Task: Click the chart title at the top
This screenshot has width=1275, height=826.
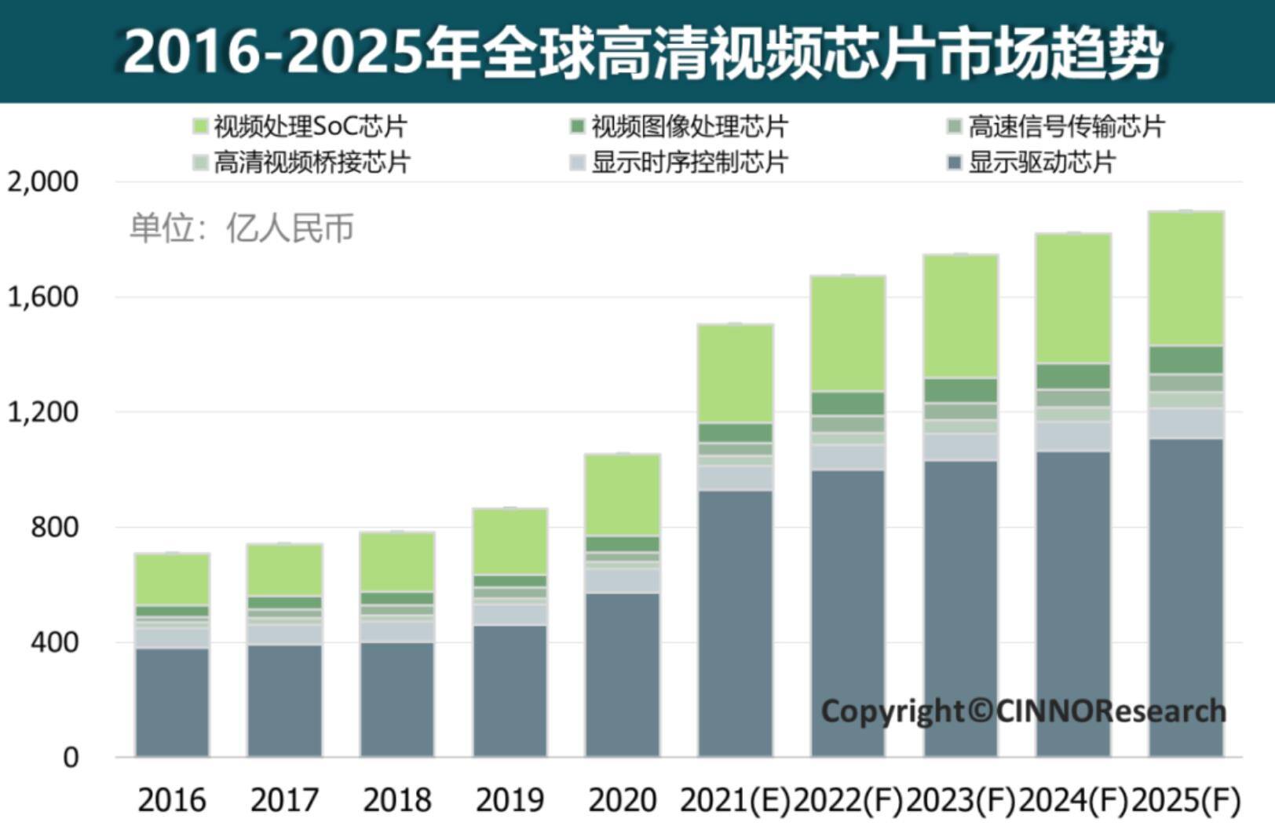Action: (x=642, y=52)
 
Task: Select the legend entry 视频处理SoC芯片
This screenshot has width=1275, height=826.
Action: (x=301, y=126)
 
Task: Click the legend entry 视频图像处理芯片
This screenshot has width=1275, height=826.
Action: (x=680, y=126)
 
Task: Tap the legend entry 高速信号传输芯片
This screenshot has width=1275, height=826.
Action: (x=1057, y=126)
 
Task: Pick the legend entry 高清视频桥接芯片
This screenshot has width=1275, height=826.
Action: (x=301, y=162)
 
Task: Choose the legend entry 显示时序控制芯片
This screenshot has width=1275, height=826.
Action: (x=680, y=162)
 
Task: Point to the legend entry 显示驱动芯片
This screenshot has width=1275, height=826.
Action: (x=1033, y=162)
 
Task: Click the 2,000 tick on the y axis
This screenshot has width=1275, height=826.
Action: (x=43, y=181)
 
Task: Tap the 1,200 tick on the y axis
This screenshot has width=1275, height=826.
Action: (x=43, y=411)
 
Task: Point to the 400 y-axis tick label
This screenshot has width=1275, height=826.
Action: (x=54, y=642)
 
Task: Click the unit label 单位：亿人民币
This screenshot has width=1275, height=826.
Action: (x=242, y=228)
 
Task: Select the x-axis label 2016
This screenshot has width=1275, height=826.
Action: (x=172, y=800)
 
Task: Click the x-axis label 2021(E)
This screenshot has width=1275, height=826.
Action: (x=735, y=800)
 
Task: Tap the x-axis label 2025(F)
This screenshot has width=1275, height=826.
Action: (x=1185, y=800)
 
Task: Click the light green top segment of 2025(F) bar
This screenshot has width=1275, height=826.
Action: (x=1185, y=279)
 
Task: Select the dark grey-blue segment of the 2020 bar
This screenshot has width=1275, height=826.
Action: (x=623, y=675)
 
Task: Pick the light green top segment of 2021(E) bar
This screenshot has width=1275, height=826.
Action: (x=735, y=373)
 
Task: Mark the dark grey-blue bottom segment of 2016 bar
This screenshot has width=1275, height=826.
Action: (x=172, y=703)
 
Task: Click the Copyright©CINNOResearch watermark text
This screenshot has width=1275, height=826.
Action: (x=1023, y=711)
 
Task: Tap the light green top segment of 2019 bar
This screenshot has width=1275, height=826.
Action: (x=510, y=542)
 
